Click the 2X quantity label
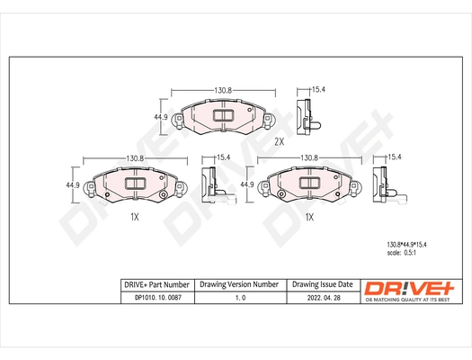pos(279,141)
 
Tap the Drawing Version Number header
pos(238,283)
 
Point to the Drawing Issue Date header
pos(322,283)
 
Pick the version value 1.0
pos(238,297)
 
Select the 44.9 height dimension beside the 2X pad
pos(161,117)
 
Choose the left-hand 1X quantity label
pos(134,218)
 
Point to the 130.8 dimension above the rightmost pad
pos(309,158)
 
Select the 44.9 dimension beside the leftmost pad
pos(75,184)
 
